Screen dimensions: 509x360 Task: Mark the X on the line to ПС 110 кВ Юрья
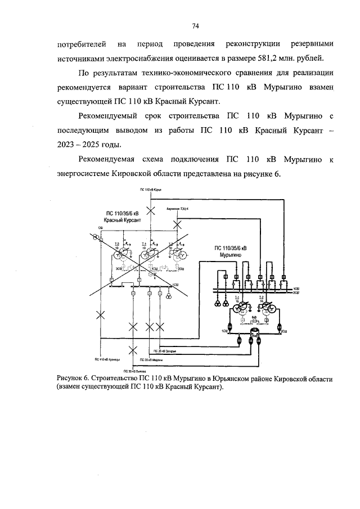coord(150,210)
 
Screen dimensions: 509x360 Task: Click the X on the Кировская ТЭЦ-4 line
coord(177,225)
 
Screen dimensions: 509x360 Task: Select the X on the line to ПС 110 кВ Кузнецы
coord(101,316)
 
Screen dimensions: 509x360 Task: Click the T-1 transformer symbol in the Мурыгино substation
coord(240,307)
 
